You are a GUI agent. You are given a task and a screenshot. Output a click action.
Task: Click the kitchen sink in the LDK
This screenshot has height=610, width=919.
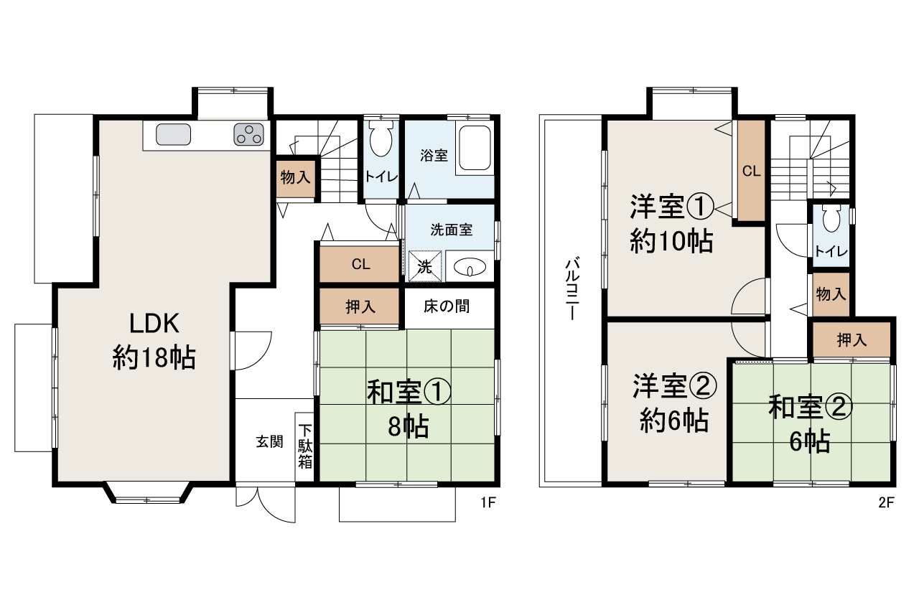pyautogui.click(x=173, y=134)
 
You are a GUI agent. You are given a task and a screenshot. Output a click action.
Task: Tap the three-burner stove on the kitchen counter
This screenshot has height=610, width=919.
pyautogui.click(x=248, y=134)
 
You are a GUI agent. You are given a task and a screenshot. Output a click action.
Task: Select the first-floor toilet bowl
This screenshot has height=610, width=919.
pyautogui.click(x=381, y=139)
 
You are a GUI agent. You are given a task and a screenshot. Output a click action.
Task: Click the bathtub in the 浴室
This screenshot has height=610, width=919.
pyautogui.click(x=475, y=148)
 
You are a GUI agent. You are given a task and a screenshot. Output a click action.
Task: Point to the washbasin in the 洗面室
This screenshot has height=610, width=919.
pyautogui.click(x=470, y=267)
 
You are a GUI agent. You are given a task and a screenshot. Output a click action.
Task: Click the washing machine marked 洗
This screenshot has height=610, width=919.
pyautogui.click(x=425, y=266)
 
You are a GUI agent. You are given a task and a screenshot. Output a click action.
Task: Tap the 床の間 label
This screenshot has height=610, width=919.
pyautogui.click(x=447, y=306)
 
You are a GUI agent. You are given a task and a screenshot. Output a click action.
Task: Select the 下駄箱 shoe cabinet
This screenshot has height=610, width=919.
pyautogui.click(x=304, y=447)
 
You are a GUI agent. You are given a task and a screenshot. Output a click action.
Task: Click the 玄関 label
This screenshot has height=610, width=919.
pyautogui.click(x=269, y=441)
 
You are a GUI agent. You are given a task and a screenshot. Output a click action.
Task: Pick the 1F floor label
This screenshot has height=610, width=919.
pyautogui.click(x=488, y=502)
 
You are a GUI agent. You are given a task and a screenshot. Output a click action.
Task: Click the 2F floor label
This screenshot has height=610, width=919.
pyautogui.click(x=886, y=502)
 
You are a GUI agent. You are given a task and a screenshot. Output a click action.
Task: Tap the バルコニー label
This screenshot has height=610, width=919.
pyautogui.click(x=573, y=288)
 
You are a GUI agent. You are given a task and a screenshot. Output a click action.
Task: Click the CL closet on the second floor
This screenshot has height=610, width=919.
pyautogui.click(x=751, y=170)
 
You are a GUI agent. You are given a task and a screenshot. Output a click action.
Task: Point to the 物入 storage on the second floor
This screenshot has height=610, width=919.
pyautogui.click(x=831, y=294)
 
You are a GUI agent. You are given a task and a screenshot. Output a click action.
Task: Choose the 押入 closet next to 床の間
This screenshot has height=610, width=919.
pyautogui.click(x=360, y=306)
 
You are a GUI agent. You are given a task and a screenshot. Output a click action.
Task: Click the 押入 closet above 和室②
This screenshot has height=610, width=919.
pyautogui.click(x=852, y=339)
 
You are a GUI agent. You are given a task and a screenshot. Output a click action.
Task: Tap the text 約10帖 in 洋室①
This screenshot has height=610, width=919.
pyautogui.click(x=671, y=240)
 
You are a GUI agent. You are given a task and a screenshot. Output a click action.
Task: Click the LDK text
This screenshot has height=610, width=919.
pyautogui.click(x=154, y=323)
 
